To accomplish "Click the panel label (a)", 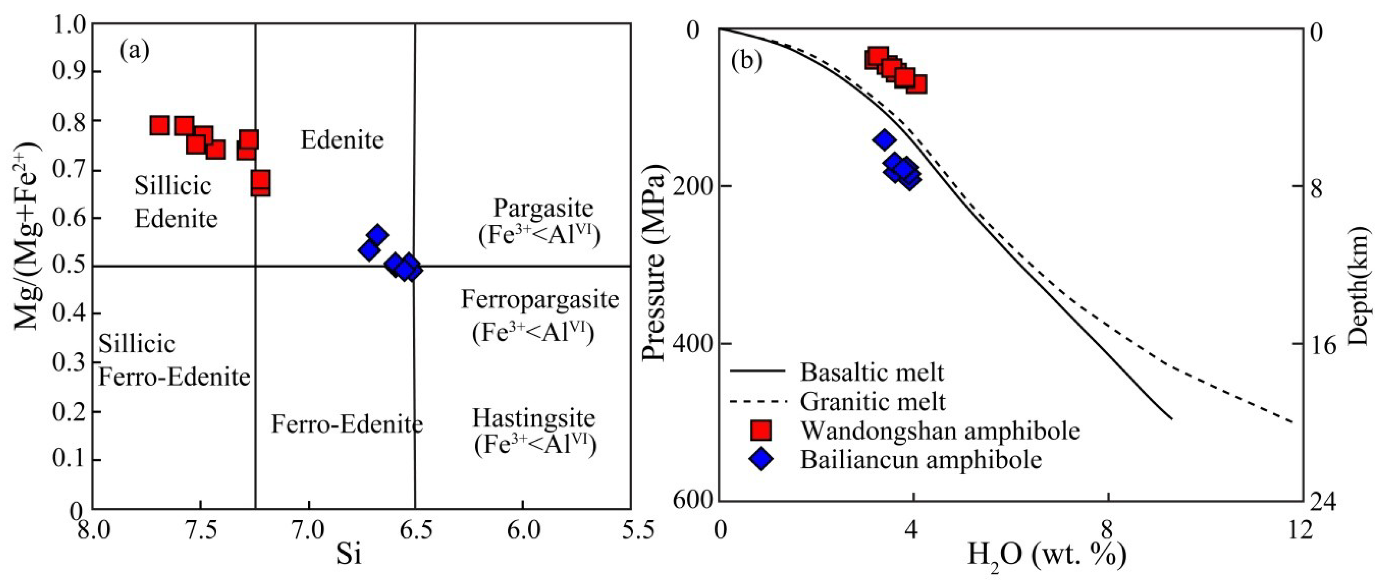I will pos(134,50).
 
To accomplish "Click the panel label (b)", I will pos(746,61).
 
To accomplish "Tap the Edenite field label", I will pos(342,140).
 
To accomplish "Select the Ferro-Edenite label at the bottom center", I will pos(347,424).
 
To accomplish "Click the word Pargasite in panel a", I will pos(543,208).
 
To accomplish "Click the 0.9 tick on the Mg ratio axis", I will pos(69,72).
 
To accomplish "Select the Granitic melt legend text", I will pos(872,401).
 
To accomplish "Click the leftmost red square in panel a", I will pos(160,125).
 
